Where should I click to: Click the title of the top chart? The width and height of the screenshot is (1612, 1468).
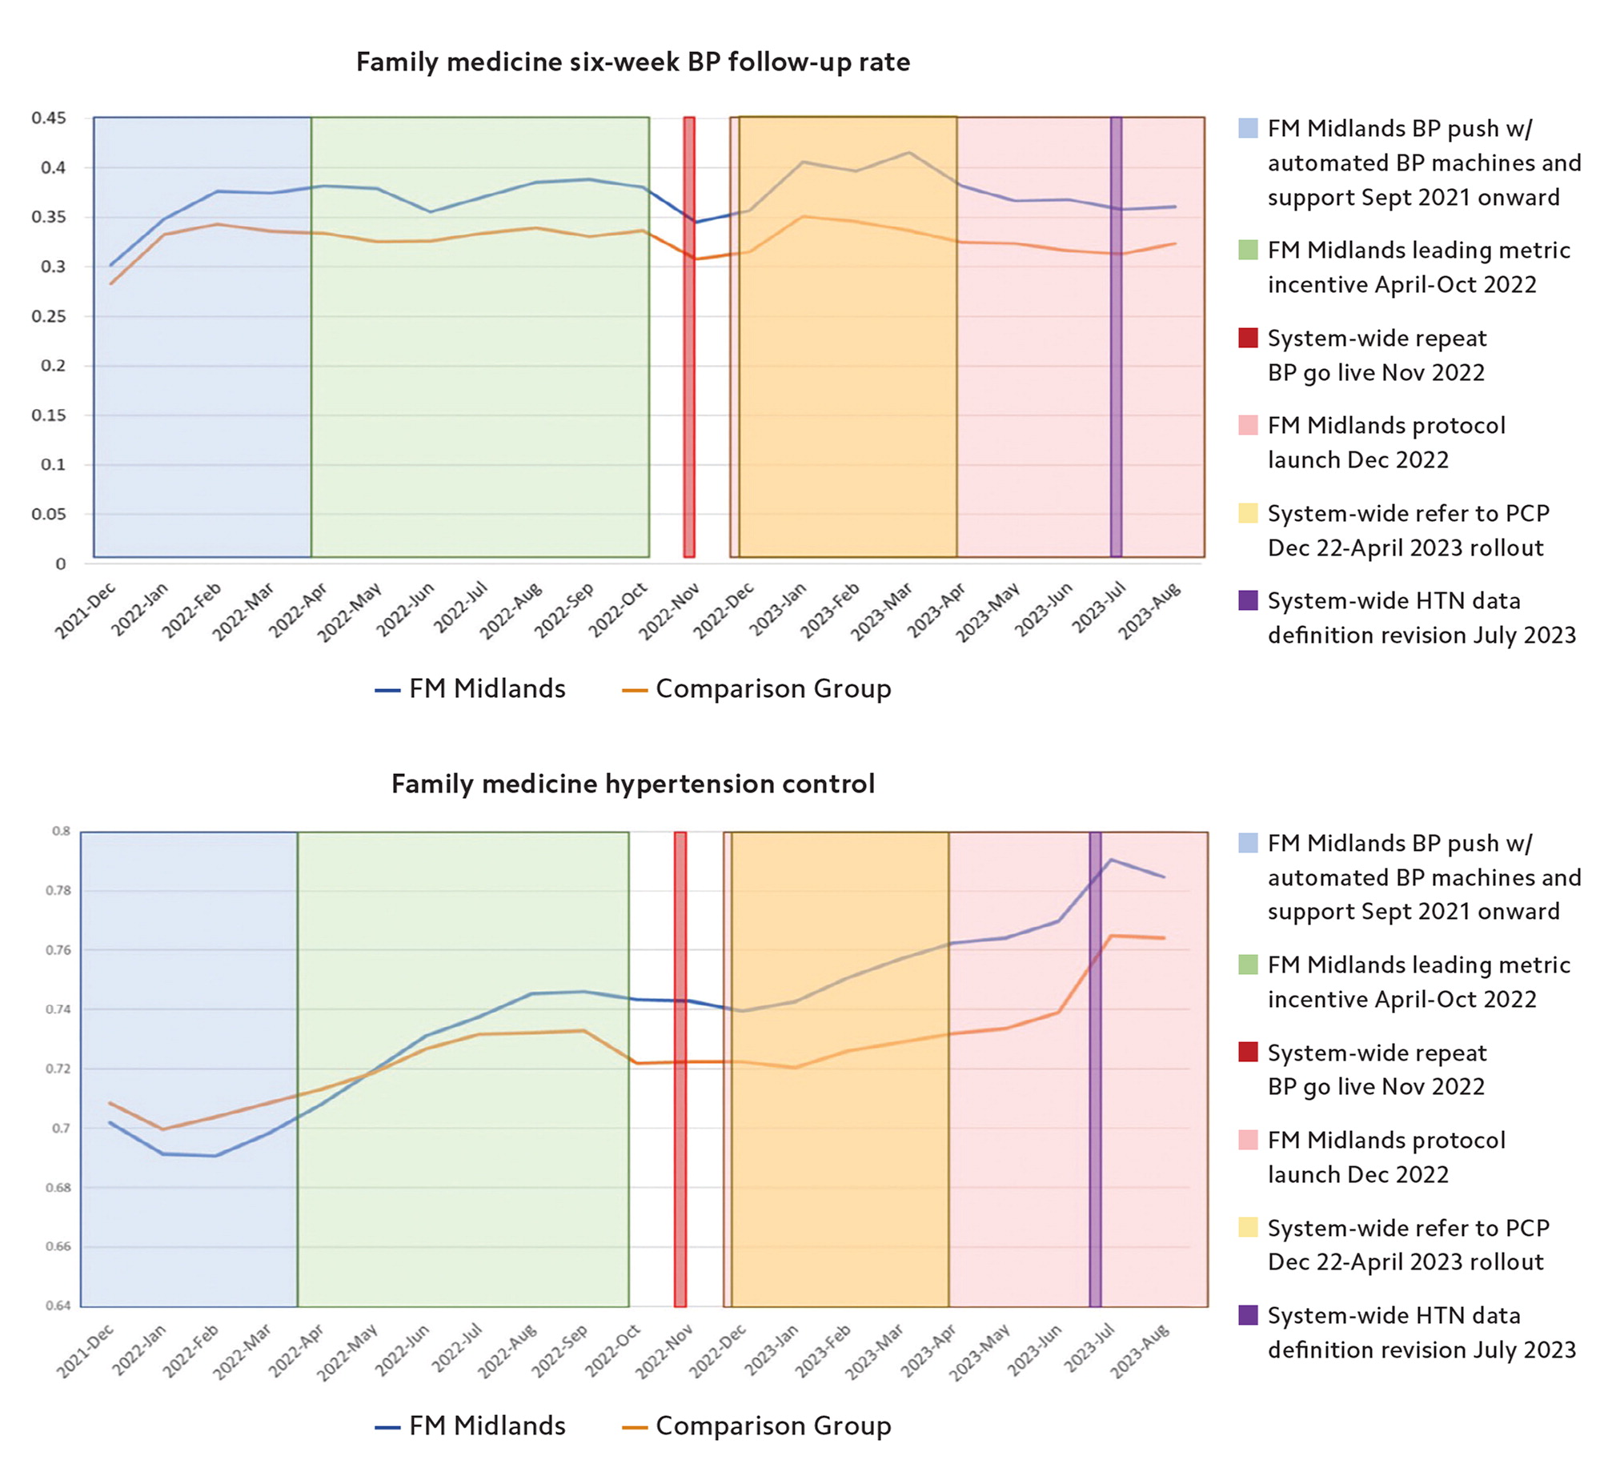pos(632,62)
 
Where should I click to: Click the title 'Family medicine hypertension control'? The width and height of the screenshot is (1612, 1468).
pos(632,783)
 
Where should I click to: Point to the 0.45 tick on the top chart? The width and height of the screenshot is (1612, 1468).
pos(49,118)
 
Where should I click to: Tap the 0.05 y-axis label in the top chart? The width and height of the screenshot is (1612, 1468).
pos(49,514)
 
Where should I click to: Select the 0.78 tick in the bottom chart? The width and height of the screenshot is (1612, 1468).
pos(62,890)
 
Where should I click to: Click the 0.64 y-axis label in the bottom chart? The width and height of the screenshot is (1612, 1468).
pos(62,1305)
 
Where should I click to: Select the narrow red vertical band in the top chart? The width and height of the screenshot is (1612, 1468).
pos(688,336)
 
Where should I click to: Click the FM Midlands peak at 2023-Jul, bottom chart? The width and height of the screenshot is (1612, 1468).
pos(1111,860)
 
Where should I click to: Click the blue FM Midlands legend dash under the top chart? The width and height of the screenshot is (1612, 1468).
pos(387,690)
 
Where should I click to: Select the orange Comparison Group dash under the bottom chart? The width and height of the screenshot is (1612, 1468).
pos(634,1426)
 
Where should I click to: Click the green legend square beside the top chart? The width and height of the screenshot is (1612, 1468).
pos(1248,250)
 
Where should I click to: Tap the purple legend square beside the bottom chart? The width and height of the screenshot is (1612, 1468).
pos(1248,1315)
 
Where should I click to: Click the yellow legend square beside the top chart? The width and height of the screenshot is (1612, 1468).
pos(1248,513)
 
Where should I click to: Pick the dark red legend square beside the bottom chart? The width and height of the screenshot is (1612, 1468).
pos(1248,1053)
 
